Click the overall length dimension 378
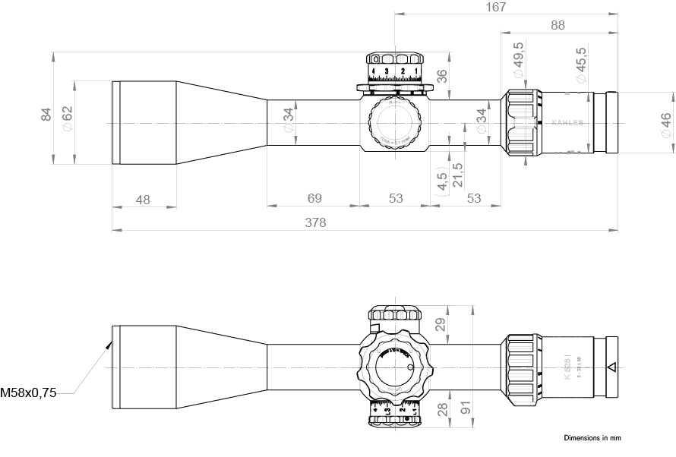pos(315,222)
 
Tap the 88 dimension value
pos(558,25)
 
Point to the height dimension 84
pos(46,114)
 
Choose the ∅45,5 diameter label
pos(581,64)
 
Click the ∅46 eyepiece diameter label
pos(665,124)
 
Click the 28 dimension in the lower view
pos(443,411)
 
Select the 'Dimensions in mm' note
pos(592,438)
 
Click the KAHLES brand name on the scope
pos(567,122)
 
